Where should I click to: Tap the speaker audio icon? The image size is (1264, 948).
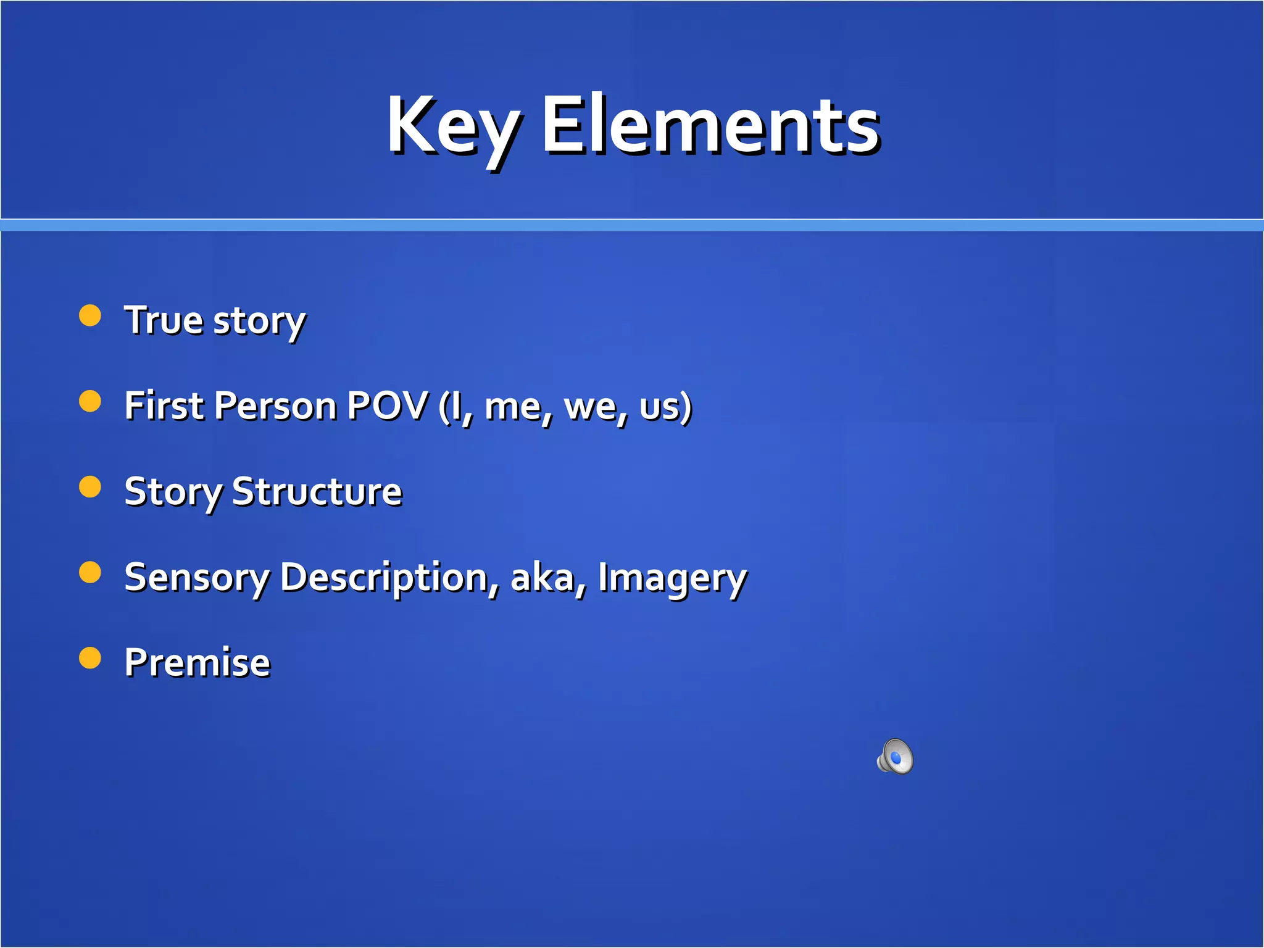pos(895,756)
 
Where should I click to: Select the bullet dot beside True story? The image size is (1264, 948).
pos(90,315)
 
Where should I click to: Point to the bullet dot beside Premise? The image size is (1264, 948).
pos(90,658)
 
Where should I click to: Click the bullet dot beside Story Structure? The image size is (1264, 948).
pos(90,487)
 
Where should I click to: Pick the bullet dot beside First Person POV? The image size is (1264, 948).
pos(90,401)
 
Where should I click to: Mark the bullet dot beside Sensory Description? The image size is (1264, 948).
pos(90,572)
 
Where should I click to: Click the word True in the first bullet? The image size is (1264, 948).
pos(164,320)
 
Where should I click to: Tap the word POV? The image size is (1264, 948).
pos(387,406)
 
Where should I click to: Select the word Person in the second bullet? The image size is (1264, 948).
pos(276,406)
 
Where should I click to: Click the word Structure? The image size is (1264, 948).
pos(317,492)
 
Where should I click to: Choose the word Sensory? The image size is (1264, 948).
pos(197,578)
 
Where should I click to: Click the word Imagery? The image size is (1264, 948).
pos(672,578)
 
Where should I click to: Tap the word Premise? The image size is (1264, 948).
pos(197,663)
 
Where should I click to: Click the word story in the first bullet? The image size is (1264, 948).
pos(259,322)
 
